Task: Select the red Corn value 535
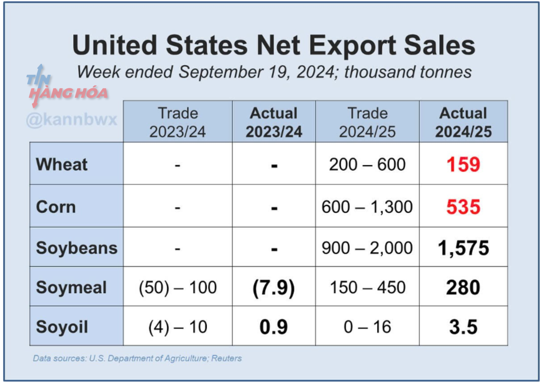click(x=463, y=207)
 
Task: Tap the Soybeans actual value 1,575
click(x=463, y=248)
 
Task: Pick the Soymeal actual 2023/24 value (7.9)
click(x=273, y=288)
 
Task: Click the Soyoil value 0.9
click(x=273, y=327)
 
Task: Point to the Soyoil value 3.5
click(x=463, y=327)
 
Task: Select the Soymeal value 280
click(x=463, y=288)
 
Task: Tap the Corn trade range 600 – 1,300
click(x=367, y=207)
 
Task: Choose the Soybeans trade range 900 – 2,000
click(x=367, y=248)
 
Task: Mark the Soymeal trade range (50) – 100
click(x=178, y=288)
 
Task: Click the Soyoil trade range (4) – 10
click(x=178, y=327)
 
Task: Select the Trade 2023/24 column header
click(x=178, y=122)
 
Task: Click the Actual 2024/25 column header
click(x=463, y=122)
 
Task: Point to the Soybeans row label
click(x=76, y=248)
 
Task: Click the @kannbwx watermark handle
click(x=71, y=119)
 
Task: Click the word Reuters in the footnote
click(x=226, y=358)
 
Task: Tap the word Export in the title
click(x=352, y=46)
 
